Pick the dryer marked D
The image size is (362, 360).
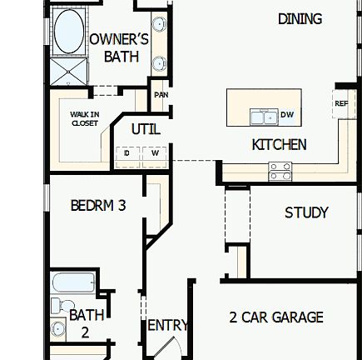click(x=126, y=152)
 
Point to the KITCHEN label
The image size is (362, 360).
click(x=279, y=145)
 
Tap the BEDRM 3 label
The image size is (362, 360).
click(x=97, y=204)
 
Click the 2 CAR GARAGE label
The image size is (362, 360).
click(x=275, y=317)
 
